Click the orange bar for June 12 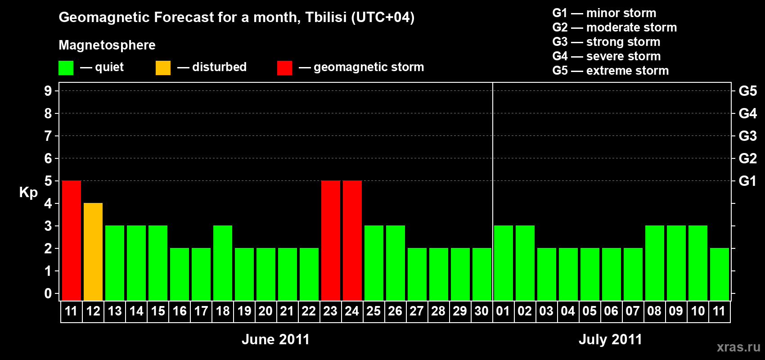pyautogui.click(x=93, y=252)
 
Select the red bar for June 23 pyautogui.click(x=331, y=240)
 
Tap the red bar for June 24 pyautogui.click(x=352, y=240)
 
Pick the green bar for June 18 pyautogui.click(x=223, y=263)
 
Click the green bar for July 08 pyautogui.click(x=655, y=263)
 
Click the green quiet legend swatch pyautogui.click(x=66, y=67)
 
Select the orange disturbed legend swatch pyautogui.click(x=163, y=67)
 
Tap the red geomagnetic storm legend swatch pyautogui.click(x=284, y=67)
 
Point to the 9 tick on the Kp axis pyautogui.click(x=48, y=91)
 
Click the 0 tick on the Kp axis pyautogui.click(x=48, y=293)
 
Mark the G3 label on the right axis pyautogui.click(x=747, y=136)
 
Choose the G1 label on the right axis pyautogui.click(x=747, y=181)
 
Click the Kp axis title pyautogui.click(x=28, y=193)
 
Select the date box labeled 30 pyautogui.click(x=482, y=311)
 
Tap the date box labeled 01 pyautogui.click(x=504, y=311)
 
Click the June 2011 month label pyautogui.click(x=275, y=339)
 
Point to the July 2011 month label pyautogui.click(x=610, y=339)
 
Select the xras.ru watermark pyautogui.click(x=738, y=347)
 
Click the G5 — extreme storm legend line pyautogui.click(x=610, y=71)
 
